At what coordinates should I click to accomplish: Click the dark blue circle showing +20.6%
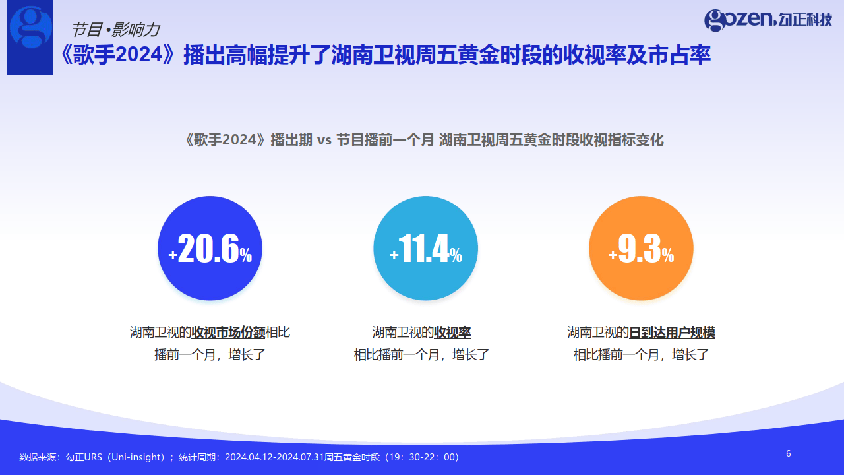(x=210, y=248)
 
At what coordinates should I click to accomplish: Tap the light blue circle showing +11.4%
(x=425, y=248)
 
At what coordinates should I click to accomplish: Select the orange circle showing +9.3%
(x=641, y=248)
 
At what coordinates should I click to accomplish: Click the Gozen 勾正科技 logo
(x=768, y=20)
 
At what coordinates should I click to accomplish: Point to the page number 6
(x=788, y=453)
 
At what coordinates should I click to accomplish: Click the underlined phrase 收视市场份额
(x=228, y=332)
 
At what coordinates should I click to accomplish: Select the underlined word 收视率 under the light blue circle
(x=452, y=332)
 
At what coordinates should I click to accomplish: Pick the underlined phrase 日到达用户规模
(x=672, y=332)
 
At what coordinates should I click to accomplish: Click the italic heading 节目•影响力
(x=115, y=30)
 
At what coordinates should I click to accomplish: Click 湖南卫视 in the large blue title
(x=373, y=55)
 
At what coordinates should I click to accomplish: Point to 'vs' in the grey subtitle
(x=324, y=141)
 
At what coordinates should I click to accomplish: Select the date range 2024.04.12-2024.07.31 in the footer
(x=274, y=457)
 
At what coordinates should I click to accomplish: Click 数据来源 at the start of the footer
(x=38, y=457)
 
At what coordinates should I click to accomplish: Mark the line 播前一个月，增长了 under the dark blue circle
(x=210, y=354)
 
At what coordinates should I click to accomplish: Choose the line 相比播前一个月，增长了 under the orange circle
(x=641, y=354)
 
